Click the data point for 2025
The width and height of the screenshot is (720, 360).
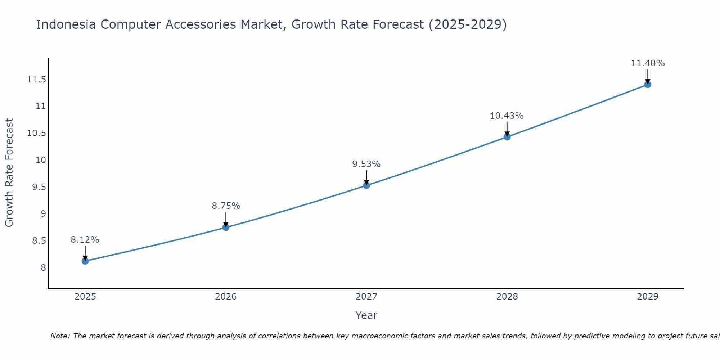[85, 261]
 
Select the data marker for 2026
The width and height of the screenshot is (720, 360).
[226, 227]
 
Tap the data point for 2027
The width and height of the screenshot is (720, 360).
[366, 185]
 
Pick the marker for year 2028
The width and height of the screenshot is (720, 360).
[507, 137]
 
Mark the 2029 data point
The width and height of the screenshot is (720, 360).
[648, 85]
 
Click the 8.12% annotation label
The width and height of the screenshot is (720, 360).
[85, 240]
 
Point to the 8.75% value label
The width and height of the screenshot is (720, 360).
[226, 206]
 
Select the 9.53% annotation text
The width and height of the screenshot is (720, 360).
[366, 164]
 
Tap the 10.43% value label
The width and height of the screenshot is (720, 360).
[507, 116]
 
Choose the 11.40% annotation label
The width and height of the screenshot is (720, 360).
[648, 63]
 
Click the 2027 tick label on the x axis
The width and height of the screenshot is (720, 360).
[366, 297]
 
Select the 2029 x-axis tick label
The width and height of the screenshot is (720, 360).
[648, 297]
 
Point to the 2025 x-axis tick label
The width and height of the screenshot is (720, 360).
[85, 297]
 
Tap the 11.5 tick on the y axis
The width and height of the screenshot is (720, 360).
[37, 80]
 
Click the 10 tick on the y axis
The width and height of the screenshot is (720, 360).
[41, 160]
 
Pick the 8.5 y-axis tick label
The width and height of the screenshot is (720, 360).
[39, 241]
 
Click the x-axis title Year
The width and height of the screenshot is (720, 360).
[366, 315]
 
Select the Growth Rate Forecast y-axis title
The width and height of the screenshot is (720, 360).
[9, 173]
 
